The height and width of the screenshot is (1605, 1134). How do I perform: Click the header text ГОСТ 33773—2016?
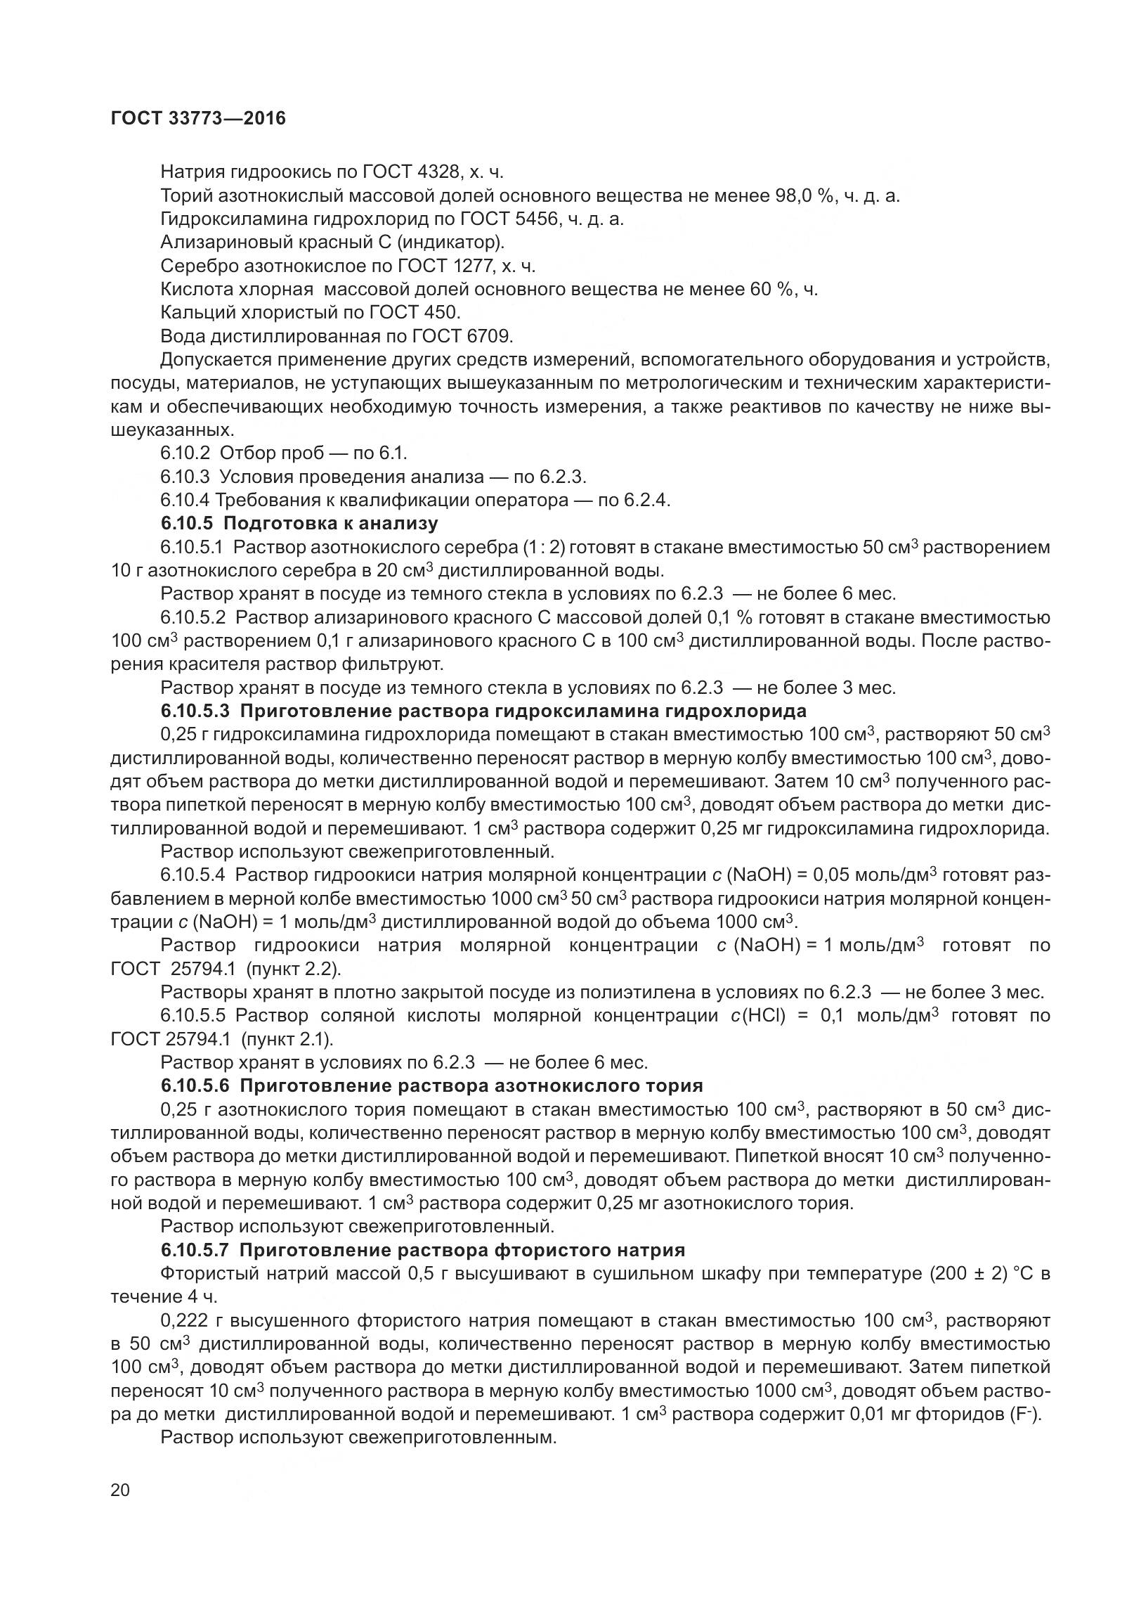[x=199, y=119]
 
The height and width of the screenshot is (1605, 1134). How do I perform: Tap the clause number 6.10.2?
[x=185, y=453]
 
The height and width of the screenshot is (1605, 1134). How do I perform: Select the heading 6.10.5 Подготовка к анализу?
[x=299, y=524]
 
